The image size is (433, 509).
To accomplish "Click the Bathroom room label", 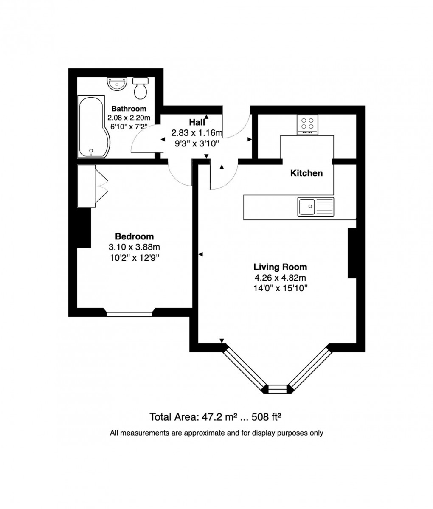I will coord(129,109).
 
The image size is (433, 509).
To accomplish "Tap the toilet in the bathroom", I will coord(140,87).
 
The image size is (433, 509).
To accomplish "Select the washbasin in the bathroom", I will coord(115,84).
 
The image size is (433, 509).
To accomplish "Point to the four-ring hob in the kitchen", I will coord(307,125).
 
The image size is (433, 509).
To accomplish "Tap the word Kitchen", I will coord(306,173).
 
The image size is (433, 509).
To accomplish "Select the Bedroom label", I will coord(134,236).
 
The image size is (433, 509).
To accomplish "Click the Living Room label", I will coord(280,267).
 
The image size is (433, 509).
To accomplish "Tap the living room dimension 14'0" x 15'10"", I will coord(280,288).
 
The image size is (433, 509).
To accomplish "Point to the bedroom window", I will coord(129,314).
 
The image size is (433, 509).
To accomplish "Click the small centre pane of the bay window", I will coord(278,387).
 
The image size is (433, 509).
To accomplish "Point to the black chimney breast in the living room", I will coord(351,253).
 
